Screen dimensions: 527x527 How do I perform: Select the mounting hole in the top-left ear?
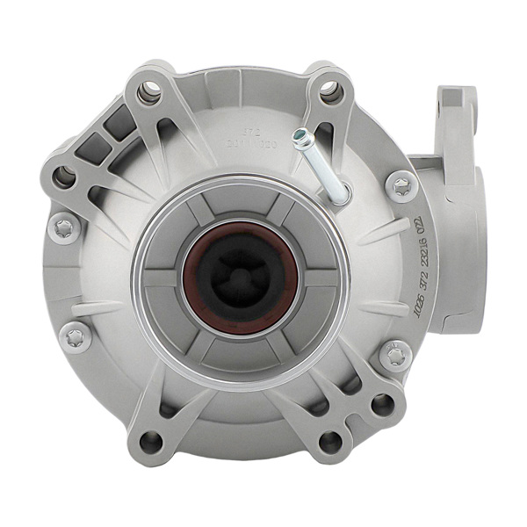[148, 92]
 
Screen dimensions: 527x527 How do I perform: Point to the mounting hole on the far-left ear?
[63, 177]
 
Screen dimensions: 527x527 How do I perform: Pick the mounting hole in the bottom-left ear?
[151, 442]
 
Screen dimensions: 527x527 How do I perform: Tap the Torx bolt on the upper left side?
[64, 227]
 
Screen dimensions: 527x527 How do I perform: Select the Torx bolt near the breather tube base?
[401, 186]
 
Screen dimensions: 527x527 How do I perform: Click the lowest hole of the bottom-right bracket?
[332, 441]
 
